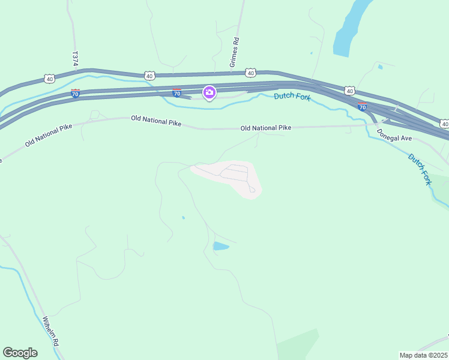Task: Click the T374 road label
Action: (x=75, y=58)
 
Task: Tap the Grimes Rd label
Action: (x=235, y=52)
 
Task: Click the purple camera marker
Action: (x=209, y=92)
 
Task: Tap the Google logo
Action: (x=20, y=353)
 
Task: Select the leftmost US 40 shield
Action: (x=49, y=79)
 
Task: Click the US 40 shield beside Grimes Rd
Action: (x=251, y=73)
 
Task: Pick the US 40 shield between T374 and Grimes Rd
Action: (x=149, y=75)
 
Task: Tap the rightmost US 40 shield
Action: (x=444, y=124)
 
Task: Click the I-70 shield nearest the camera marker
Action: (x=176, y=93)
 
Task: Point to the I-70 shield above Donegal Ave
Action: (x=362, y=106)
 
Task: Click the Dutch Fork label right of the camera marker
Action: (x=292, y=97)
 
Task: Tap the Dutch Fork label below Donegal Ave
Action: (x=420, y=169)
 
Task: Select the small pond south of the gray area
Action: (x=220, y=246)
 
